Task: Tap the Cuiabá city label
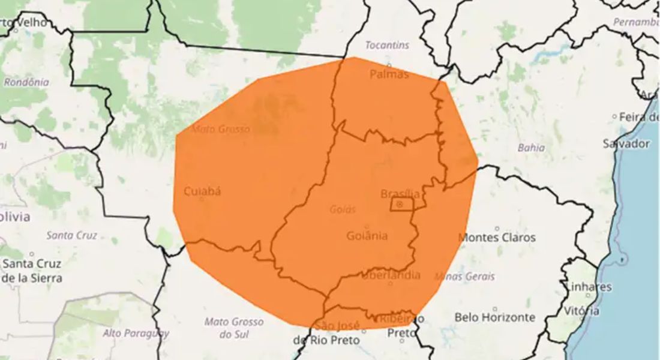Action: [202, 191]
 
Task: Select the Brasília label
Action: [400, 193]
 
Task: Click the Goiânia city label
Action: [367, 236]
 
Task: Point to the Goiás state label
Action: [343, 209]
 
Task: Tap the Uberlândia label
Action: [391, 275]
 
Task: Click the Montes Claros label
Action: [497, 238]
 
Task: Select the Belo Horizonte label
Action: [494, 317]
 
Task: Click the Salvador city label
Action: [626, 143]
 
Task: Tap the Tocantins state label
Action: [387, 45]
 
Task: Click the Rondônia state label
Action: [26, 82]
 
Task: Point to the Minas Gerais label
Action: [465, 277]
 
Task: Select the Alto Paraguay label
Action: [136, 333]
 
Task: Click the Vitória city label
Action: [581, 311]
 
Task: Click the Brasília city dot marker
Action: [400, 205]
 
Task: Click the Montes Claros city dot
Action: [497, 228]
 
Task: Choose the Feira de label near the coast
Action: [638, 117]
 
